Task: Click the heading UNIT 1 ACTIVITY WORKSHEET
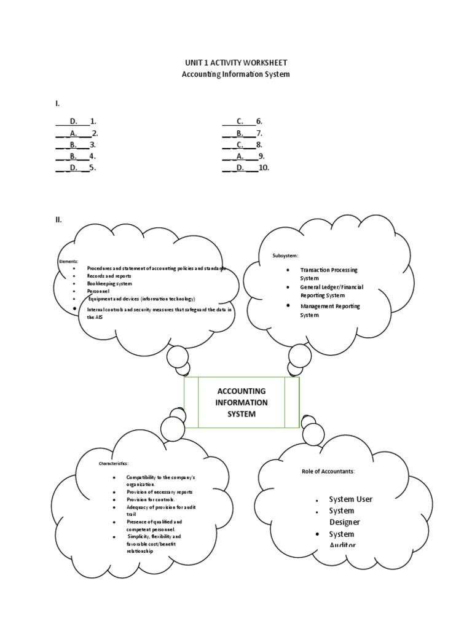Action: tap(236, 63)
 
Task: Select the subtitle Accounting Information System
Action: tap(236, 74)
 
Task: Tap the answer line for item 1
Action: tap(76, 122)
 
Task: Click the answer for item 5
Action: tap(76, 167)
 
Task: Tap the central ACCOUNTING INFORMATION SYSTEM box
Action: tap(241, 402)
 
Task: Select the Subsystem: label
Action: tap(285, 255)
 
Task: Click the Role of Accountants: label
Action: tap(328, 471)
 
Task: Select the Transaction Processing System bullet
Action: tap(328, 273)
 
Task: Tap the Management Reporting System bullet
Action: tap(330, 310)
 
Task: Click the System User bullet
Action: tap(350, 499)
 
